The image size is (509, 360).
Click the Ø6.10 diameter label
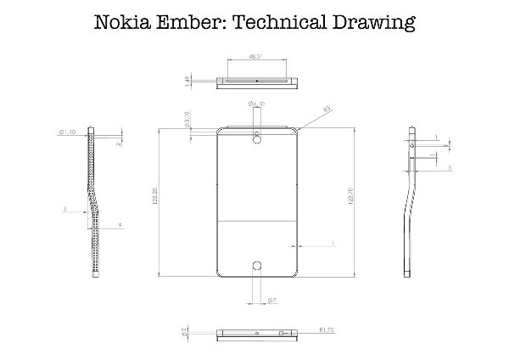tap(257, 104)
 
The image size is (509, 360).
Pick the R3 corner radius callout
tap(327, 109)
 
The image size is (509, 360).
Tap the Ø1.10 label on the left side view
tap(69, 132)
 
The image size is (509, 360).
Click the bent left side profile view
tap(97, 204)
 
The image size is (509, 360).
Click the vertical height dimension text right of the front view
tap(350, 203)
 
